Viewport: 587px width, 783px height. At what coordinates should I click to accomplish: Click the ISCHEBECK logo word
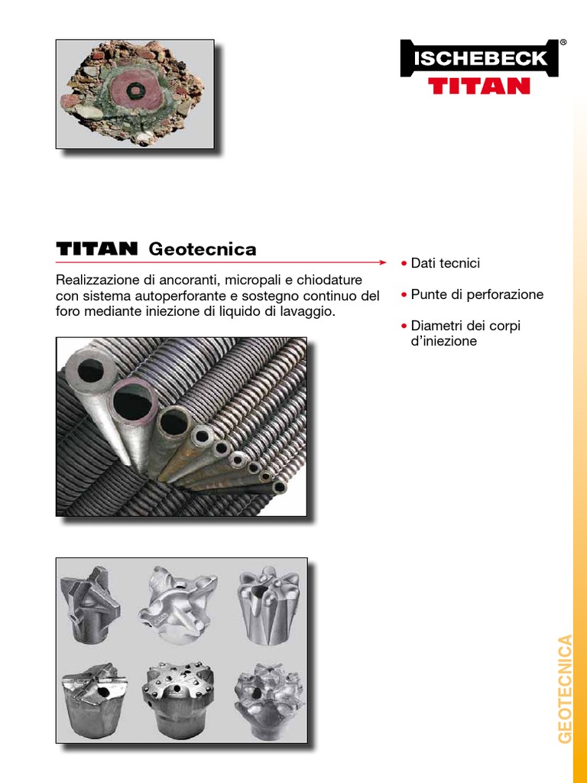pos(481,58)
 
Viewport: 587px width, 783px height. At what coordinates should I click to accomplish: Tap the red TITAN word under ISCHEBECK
pos(479,86)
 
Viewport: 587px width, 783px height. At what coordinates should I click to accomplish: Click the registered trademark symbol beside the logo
pos(563,43)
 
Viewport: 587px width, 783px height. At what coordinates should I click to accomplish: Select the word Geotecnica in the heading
pos(202,249)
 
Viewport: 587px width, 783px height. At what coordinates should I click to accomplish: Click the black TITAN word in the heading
pos(97,249)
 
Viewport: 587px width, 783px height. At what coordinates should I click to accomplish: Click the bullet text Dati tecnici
pos(446,263)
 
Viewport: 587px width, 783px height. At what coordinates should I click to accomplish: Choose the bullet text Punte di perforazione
pos(477,294)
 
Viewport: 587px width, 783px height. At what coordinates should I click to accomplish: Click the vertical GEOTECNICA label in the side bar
pos(565,689)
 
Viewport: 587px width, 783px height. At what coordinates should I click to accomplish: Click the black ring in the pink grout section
pos(134,90)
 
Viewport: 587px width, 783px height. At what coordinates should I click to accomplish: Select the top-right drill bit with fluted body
pos(268,605)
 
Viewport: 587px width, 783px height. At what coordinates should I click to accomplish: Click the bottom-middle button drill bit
pos(177,697)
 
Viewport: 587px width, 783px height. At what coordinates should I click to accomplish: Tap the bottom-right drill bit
pos(268,697)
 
